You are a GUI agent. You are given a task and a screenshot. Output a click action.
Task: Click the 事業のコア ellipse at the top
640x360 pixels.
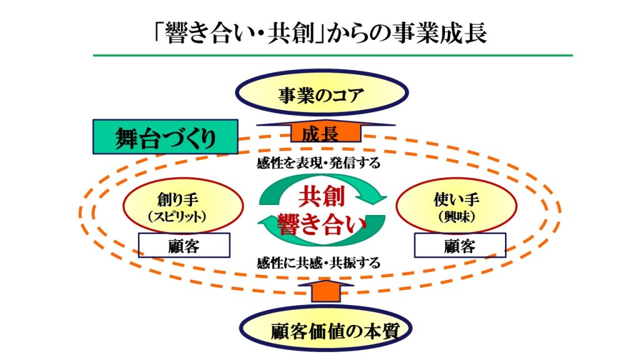click(320, 96)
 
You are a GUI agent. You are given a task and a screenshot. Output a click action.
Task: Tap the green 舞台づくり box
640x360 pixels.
click(165, 137)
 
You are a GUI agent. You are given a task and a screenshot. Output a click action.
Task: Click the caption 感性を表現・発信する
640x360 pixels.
click(319, 164)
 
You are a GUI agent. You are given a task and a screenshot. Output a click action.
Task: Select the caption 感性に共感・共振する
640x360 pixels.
click(319, 262)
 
